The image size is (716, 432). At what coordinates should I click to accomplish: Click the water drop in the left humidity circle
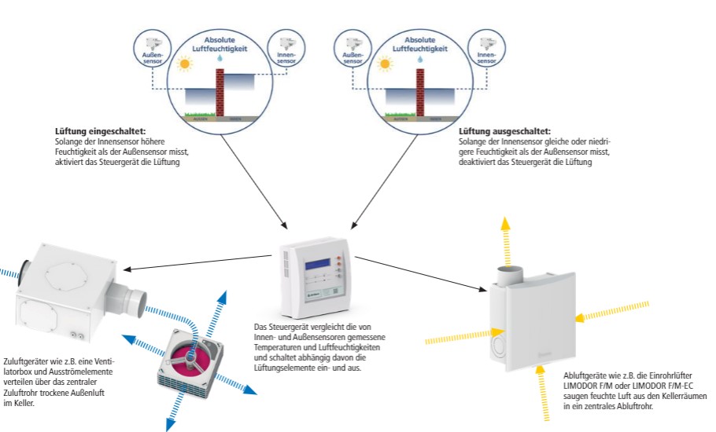pos(221,59)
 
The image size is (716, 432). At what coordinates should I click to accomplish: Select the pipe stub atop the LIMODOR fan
pos(510,275)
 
